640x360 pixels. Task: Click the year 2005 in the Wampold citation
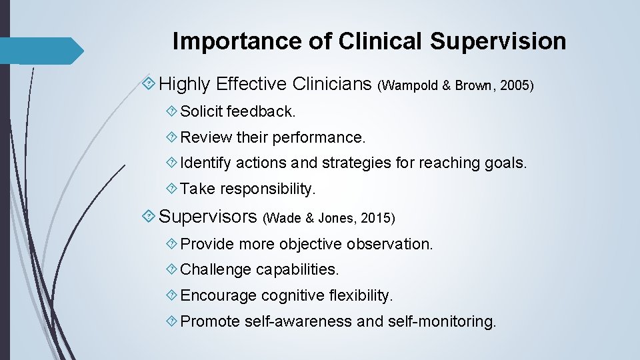tap(517, 86)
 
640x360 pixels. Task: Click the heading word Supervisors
tap(208, 216)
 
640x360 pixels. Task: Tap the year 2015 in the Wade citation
tap(378, 218)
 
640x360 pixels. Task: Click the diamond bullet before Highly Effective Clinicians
tap(150, 84)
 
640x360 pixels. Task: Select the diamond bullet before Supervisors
tap(150, 216)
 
